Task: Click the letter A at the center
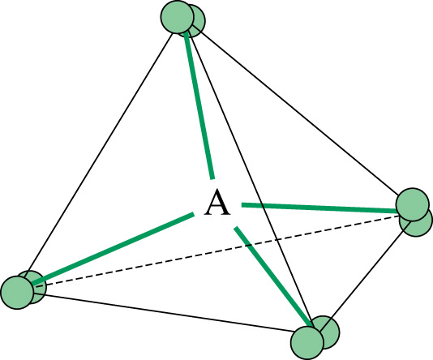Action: pyautogui.click(x=217, y=203)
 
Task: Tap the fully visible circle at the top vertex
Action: pyautogui.click(x=177, y=16)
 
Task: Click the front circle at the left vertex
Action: pyautogui.click(x=17, y=293)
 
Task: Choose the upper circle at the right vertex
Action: pyautogui.click(x=413, y=204)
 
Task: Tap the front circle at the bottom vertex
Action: pyautogui.click(x=307, y=343)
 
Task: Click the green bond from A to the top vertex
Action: pyautogui.click(x=199, y=105)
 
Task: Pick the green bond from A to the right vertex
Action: pyautogui.click(x=319, y=208)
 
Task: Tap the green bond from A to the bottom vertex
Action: pyautogui.click(x=272, y=276)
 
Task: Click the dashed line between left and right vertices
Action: pyautogui.click(x=216, y=251)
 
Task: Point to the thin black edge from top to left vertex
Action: pyautogui.click(x=99, y=153)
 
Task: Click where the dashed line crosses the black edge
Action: pyautogui.click(x=277, y=239)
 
